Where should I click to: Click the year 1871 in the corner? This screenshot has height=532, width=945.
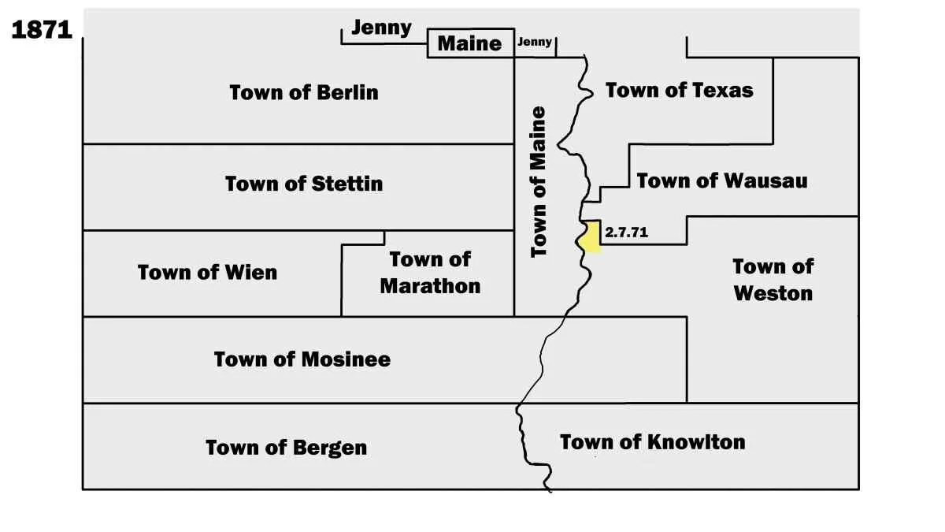[x=42, y=30]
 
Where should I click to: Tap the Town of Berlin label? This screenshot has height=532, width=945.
[x=304, y=92]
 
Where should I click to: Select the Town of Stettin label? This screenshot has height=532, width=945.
[x=304, y=184]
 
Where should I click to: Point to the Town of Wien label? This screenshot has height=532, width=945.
[x=207, y=273]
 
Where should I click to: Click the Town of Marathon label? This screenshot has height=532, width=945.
[x=430, y=272]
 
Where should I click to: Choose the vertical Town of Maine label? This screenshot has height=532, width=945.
[x=539, y=181]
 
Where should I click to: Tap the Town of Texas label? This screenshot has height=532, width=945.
[x=679, y=90]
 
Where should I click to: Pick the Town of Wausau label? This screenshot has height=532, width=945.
[x=721, y=180]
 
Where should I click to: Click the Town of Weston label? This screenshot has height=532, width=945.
[x=773, y=279]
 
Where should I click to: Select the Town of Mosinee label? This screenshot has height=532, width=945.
[x=302, y=359]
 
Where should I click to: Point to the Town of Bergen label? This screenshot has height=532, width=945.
[x=286, y=448]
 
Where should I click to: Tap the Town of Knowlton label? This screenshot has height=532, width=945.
[x=652, y=441]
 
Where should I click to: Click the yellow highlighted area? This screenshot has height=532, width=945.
[x=591, y=236]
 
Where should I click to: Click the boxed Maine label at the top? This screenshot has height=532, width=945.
[x=469, y=43]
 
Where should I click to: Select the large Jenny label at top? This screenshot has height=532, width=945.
[x=381, y=28]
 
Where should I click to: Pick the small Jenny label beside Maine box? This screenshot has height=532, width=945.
[x=535, y=43]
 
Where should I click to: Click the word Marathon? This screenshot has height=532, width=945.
[x=430, y=285]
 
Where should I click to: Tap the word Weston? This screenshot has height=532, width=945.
[x=773, y=293]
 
